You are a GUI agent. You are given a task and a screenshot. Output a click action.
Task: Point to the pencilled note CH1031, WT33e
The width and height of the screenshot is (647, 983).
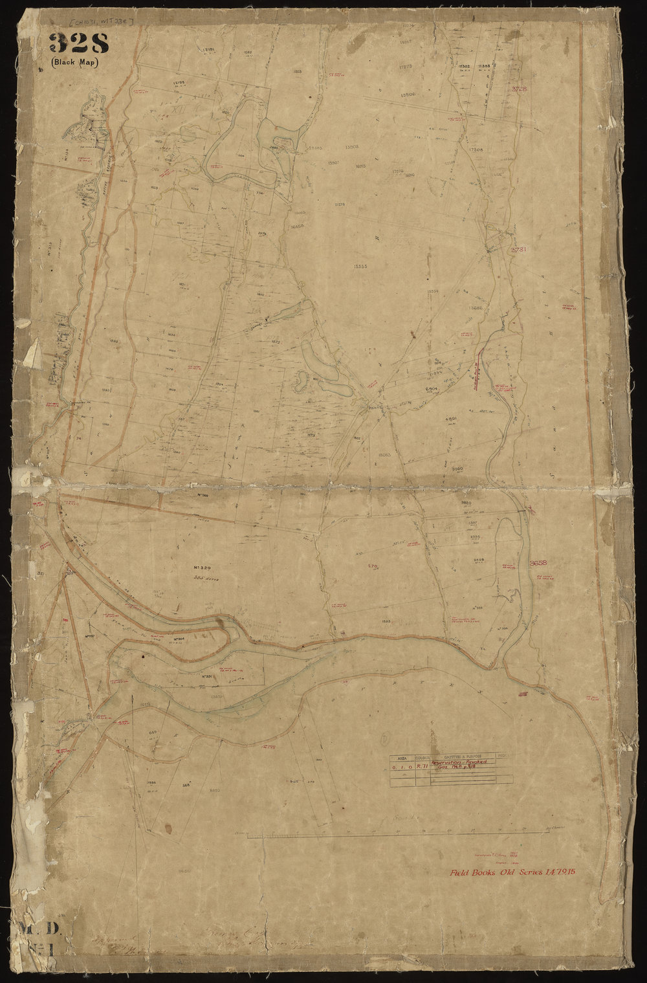pos(102,21)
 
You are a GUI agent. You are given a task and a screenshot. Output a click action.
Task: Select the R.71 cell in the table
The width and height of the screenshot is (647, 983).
pos(423,764)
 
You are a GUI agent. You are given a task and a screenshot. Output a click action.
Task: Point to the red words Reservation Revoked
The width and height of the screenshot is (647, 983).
pos(462,763)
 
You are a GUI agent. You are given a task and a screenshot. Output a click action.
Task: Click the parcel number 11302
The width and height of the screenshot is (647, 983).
pos(464,67)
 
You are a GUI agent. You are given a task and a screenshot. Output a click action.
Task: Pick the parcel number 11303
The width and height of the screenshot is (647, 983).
pos(483,67)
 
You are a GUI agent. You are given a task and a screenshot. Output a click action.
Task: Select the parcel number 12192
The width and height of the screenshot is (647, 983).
pos(181,83)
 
